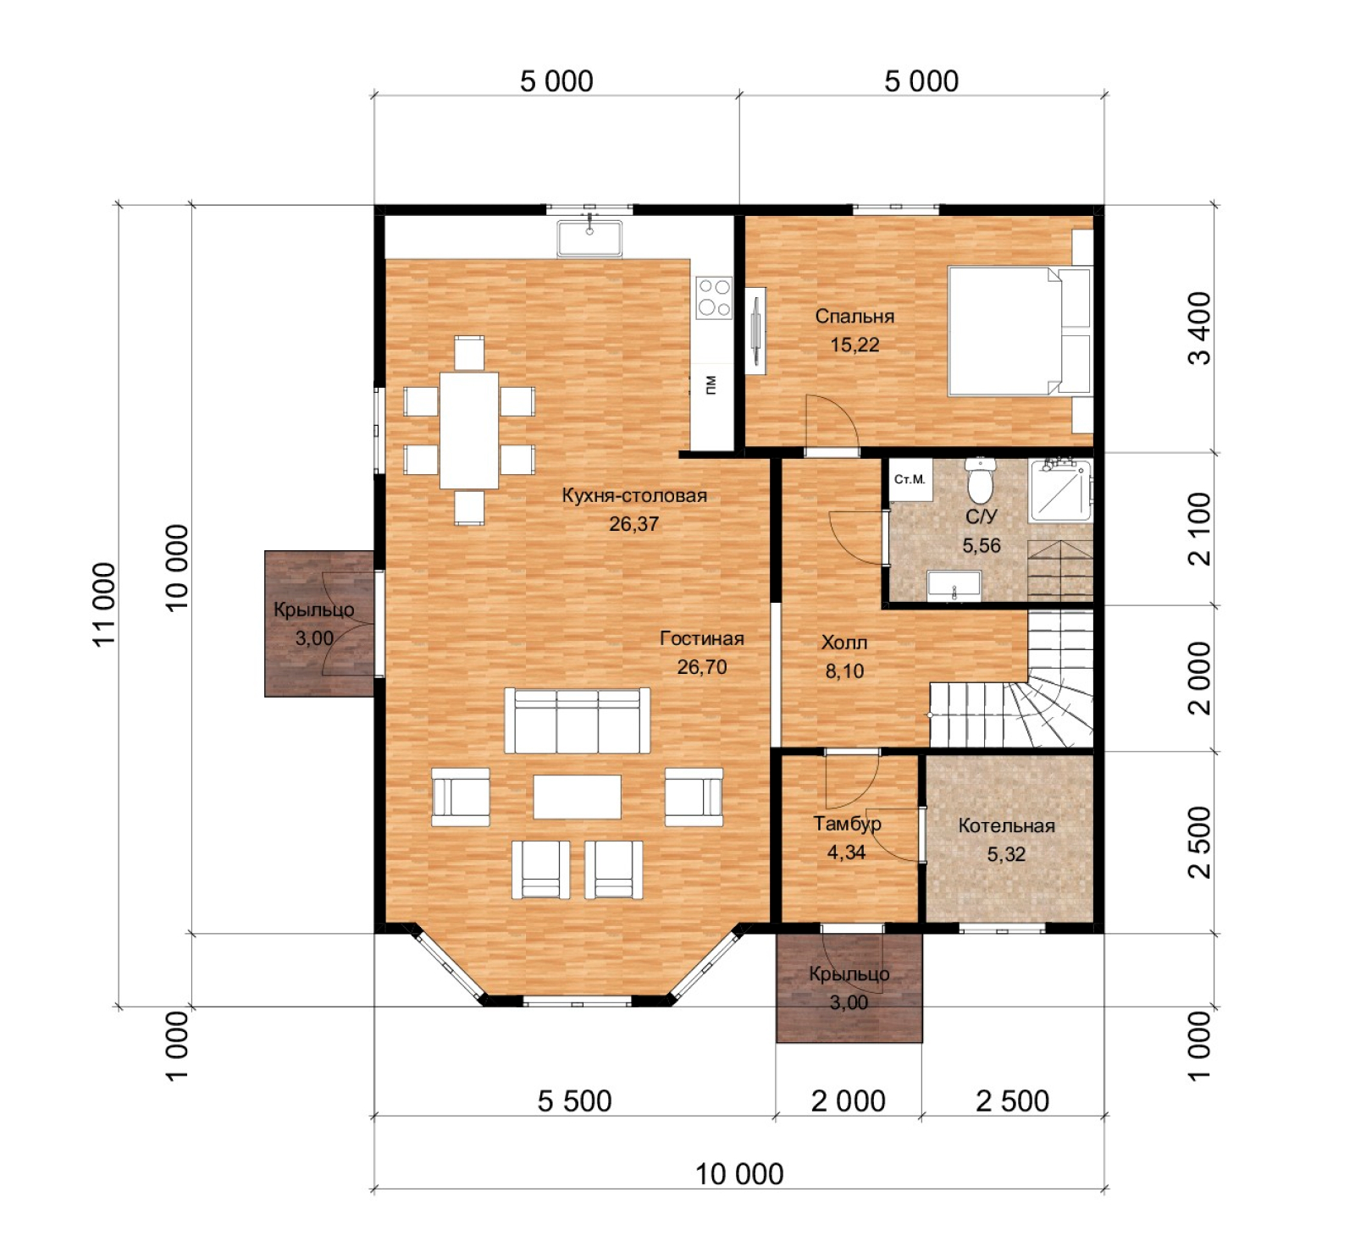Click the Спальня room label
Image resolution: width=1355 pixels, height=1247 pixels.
854,317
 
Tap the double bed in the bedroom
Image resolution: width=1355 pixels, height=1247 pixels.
1004,330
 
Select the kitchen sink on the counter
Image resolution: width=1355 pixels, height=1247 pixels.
589,238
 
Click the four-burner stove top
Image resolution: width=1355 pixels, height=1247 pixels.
713,297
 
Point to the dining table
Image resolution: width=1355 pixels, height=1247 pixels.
468,430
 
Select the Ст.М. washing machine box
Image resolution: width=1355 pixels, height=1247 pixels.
910,480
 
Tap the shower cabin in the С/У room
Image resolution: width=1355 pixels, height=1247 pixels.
1060,489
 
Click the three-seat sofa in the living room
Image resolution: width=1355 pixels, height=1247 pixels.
577,720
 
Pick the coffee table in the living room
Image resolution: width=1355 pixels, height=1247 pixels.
577,797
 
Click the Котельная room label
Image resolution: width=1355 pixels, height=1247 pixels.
1006,826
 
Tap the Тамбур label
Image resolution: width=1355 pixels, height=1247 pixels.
847,824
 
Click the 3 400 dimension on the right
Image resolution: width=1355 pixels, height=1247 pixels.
1200,328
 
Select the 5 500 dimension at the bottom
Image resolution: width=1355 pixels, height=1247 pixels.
574,1101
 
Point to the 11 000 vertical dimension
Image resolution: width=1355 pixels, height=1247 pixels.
103,604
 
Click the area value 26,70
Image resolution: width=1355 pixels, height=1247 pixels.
701,667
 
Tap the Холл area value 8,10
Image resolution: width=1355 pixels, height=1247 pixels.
844,671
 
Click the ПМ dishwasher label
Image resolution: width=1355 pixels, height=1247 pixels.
711,384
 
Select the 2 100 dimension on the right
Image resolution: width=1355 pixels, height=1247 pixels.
1200,528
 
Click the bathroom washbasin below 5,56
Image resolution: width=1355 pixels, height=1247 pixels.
954,585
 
